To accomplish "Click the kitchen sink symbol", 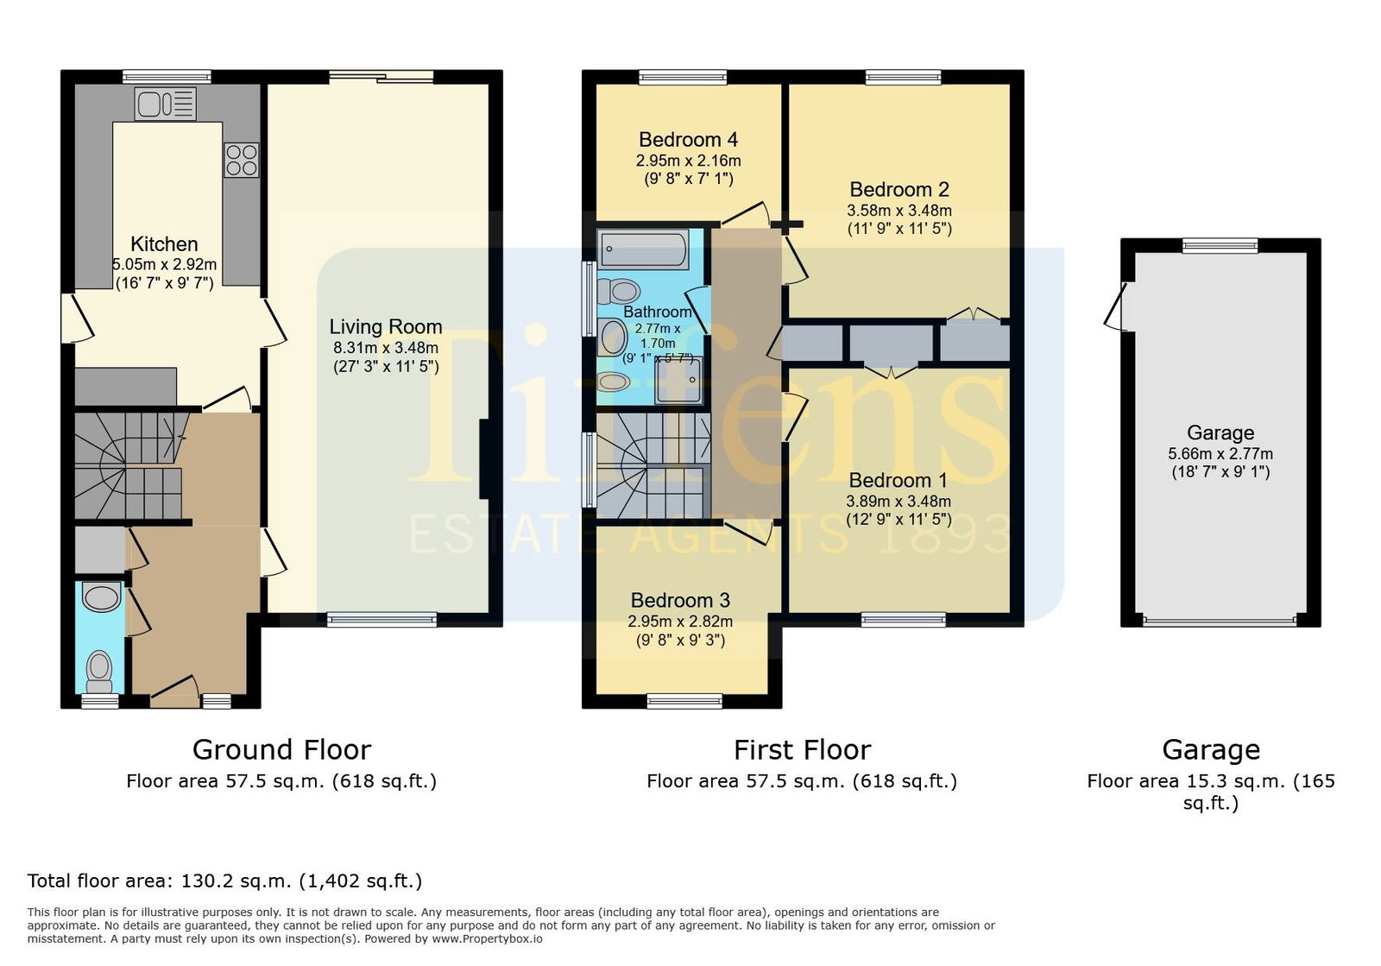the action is click(165, 104).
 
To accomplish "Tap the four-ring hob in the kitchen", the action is click(241, 161).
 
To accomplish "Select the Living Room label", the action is click(385, 326).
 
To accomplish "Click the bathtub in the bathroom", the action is click(643, 249).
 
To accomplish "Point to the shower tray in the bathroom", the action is click(678, 381).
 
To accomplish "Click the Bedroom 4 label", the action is click(688, 140).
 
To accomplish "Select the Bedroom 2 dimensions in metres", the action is click(899, 211).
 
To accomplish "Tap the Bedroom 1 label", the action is click(899, 480).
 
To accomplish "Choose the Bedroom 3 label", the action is click(680, 600).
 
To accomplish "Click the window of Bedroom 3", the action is click(684, 701).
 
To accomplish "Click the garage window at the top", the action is click(1220, 246).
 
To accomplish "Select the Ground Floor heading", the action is click(281, 750).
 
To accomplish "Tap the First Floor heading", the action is click(802, 750).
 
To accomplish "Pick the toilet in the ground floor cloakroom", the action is click(99, 672).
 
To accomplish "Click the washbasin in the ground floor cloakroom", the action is click(101, 597).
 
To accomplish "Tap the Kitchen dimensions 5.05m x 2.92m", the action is click(164, 264).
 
